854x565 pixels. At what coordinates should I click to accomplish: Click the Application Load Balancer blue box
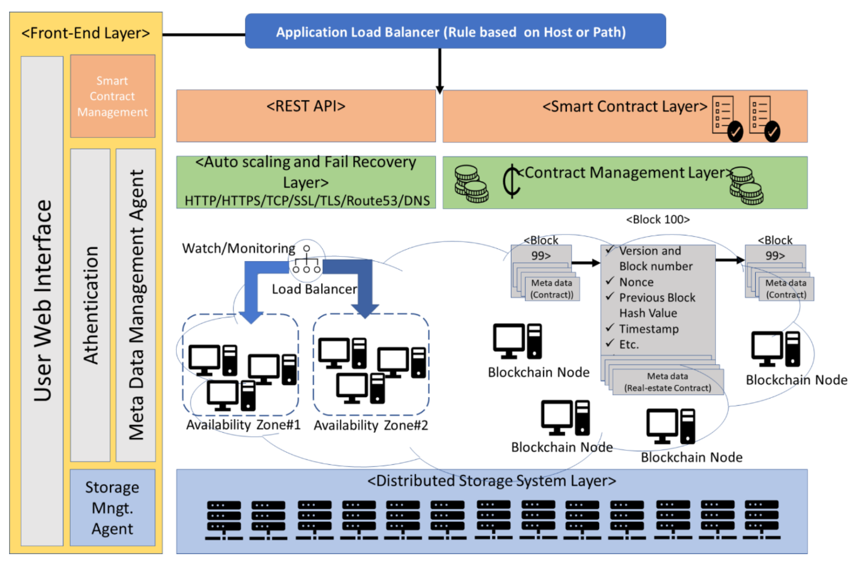point(455,32)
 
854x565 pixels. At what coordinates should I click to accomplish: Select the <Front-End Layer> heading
point(86,33)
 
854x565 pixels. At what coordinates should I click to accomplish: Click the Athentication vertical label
point(90,305)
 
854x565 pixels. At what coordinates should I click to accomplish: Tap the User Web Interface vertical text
point(42,301)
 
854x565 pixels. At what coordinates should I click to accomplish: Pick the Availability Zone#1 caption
point(243,425)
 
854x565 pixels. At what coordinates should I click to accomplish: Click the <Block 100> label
point(658,219)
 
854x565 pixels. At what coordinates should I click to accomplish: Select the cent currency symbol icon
point(512,181)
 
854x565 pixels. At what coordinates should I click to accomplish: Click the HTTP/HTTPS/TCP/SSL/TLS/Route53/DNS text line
point(307,201)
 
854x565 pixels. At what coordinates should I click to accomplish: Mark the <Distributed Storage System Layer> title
point(491,481)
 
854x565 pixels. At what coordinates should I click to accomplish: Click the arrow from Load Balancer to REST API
point(439,70)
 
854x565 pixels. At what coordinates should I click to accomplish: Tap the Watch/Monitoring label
point(238,248)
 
